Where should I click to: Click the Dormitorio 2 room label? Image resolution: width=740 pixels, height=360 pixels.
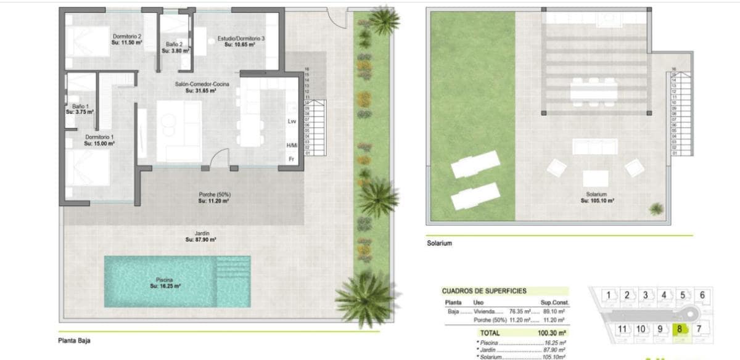pyautogui.click(x=127, y=39)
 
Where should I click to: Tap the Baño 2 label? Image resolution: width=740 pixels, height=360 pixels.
pyautogui.click(x=175, y=47)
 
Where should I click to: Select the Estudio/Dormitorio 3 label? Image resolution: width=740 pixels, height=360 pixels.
pyautogui.click(x=240, y=41)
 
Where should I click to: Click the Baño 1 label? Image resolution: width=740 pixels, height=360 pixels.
pyautogui.click(x=80, y=109)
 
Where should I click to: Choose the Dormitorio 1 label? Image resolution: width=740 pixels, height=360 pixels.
pyautogui.click(x=99, y=140)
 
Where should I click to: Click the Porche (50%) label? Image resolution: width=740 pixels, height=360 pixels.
pyautogui.click(x=214, y=197)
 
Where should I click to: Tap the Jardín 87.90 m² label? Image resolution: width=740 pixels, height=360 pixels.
pyautogui.click(x=200, y=236)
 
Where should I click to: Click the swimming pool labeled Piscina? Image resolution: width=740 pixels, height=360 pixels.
pyautogui.click(x=177, y=282)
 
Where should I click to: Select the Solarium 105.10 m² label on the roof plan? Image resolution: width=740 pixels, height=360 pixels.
pyautogui.click(x=597, y=197)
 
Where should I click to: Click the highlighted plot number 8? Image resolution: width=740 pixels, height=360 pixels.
pyautogui.click(x=680, y=329)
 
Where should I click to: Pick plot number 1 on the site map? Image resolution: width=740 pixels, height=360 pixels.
pyautogui.click(x=608, y=295)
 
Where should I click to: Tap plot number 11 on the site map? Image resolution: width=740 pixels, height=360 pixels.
pyautogui.click(x=623, y=329)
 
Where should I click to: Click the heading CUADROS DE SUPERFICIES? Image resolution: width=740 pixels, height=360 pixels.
pyautogui.click(x=484, y=290)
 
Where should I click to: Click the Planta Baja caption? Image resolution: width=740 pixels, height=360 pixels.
pyautogui.click(x=75, y=340)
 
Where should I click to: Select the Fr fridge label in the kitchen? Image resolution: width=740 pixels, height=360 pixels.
pyautogui.click(x=292, y=159)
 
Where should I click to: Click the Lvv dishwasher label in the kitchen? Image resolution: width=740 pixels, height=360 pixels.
pyautogui.click(x=292, y=121)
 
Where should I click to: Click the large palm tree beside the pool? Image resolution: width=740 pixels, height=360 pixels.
pyautogui.click(x=364, y=298)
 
